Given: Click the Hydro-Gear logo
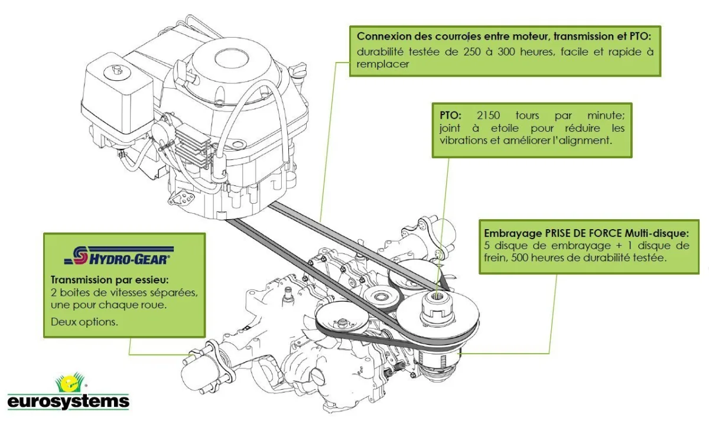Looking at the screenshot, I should click(x=118, y=255).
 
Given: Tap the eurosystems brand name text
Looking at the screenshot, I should click(x=68, y=402).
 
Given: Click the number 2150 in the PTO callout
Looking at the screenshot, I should click(x=488, y=115).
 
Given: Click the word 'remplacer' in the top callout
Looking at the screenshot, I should click(x=383, y=64).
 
